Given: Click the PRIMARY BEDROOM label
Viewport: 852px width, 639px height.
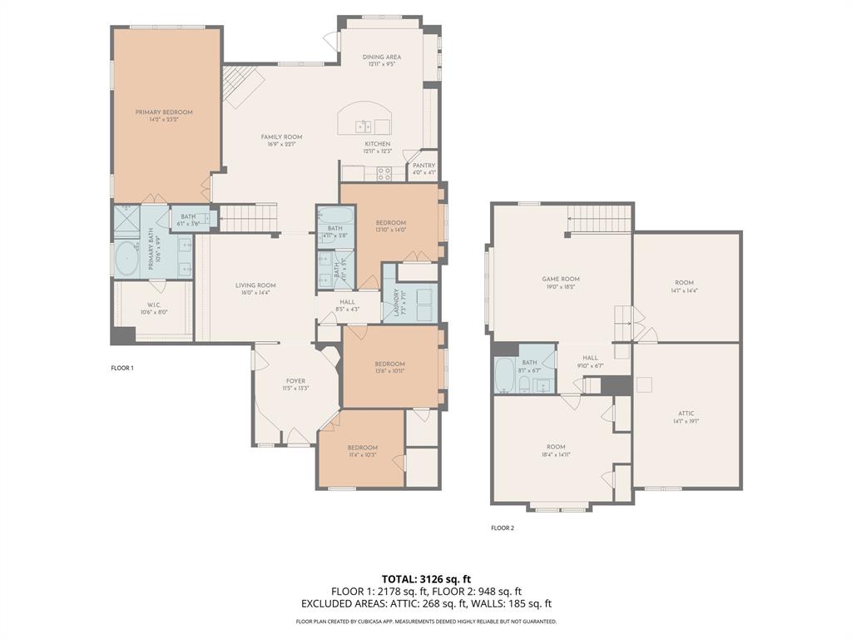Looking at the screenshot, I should coord(164,112).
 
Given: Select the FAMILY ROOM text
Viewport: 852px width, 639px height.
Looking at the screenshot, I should coord(281,137).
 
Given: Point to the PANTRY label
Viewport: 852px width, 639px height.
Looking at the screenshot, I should coord(424,166).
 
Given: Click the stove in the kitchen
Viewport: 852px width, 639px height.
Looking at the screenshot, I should coord(384,174).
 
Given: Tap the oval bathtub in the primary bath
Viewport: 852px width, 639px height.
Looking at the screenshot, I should coord(126,259).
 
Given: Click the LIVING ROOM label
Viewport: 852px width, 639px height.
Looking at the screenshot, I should coord(255,285).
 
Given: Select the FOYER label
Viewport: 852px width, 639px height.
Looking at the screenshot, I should coord(296,381).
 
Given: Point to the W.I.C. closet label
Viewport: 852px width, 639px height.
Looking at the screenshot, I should coord(153,305).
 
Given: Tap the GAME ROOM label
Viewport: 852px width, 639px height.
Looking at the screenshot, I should coord(561,280).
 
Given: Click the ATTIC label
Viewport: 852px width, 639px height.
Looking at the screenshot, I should coord(686,414).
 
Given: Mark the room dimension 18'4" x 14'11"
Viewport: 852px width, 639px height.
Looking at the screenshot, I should coord(555,455).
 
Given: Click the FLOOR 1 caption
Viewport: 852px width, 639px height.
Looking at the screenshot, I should coord(122,368).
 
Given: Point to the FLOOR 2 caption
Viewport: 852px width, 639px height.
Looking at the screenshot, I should coord(503,528).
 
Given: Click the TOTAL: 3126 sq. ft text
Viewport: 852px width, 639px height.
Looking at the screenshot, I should coord(426,578).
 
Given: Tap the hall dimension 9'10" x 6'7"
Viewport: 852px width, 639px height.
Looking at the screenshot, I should coord(590,365).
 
